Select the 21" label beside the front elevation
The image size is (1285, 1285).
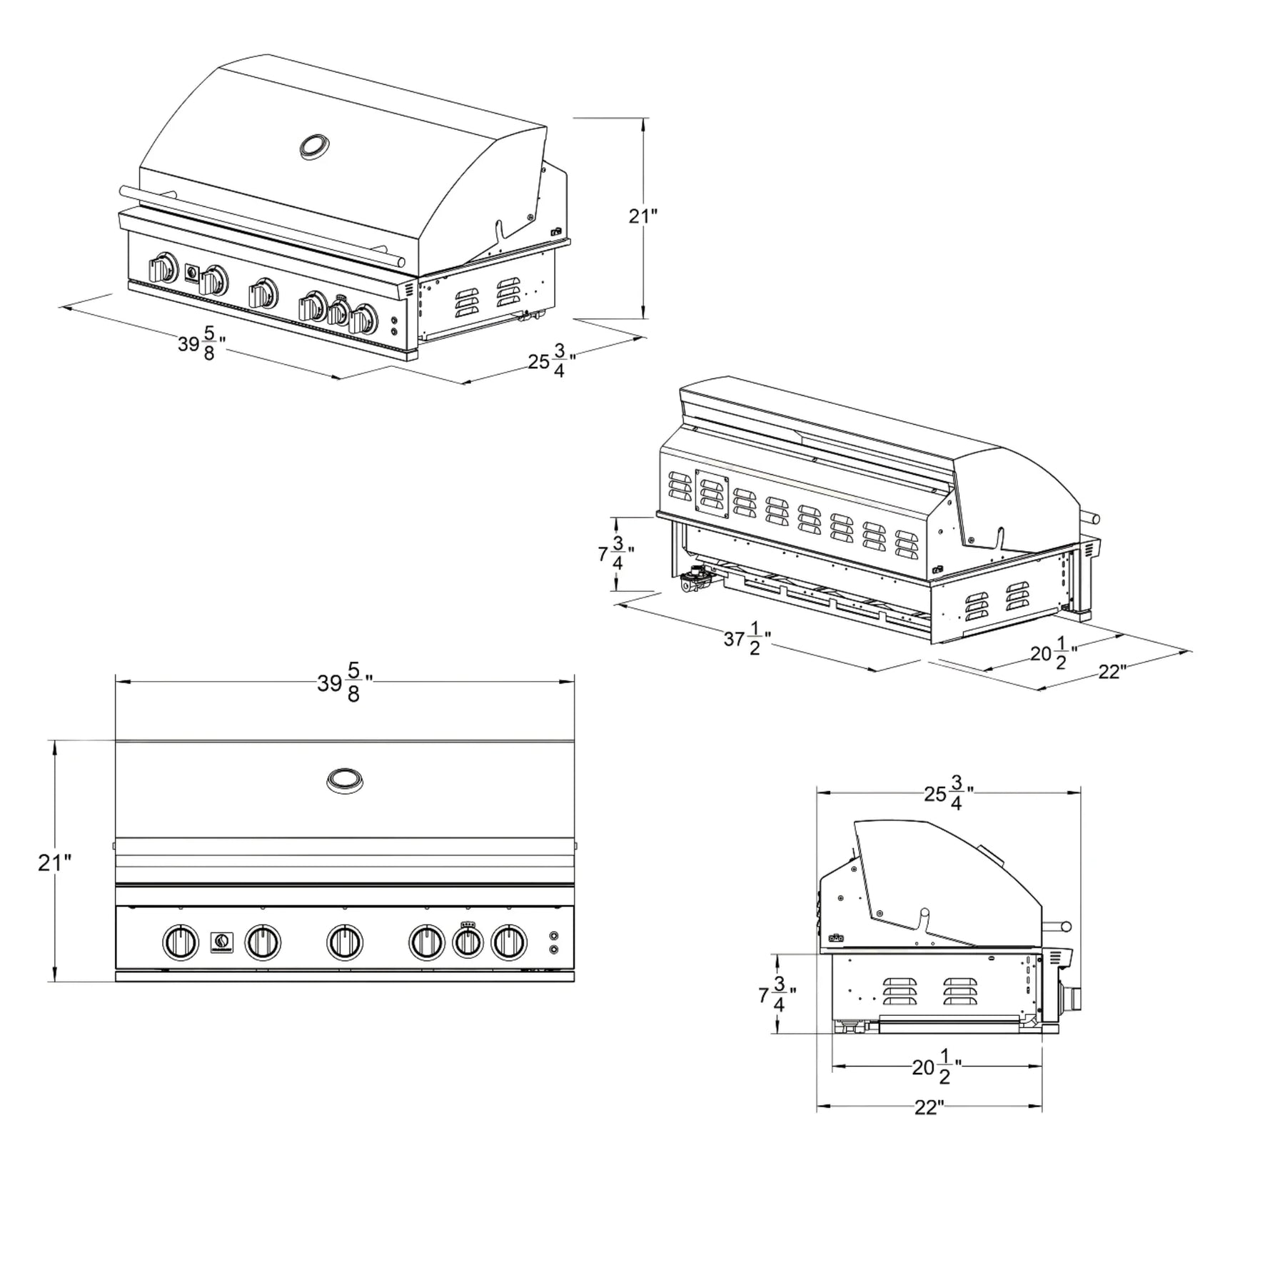(x=55, y=862)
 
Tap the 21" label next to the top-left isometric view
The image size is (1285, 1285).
(x=642, y=215)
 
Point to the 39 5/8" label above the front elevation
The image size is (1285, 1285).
(x=346, y=682)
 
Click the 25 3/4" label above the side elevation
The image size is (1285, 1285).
(x=949, y=792)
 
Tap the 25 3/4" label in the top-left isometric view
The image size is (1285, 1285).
(x=552, y=361)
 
